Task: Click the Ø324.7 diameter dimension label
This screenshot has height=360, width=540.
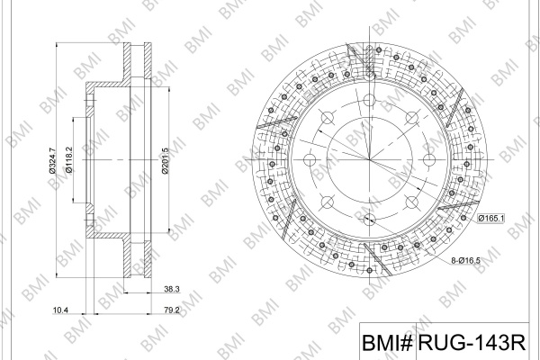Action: (x=51, y=160)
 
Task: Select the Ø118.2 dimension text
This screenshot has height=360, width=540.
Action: (x=68, y=160)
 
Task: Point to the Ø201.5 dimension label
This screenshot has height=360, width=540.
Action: (x=165, y=160)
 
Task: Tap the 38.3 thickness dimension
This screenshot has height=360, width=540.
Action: (x=172, y=289)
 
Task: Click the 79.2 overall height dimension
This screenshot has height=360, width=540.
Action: (x=172, y=310)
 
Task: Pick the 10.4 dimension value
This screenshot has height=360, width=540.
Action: (x=60, y=310)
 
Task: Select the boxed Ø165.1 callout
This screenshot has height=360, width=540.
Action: (x=491, y=218)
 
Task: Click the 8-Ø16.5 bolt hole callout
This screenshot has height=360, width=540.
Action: (x=465, y=260)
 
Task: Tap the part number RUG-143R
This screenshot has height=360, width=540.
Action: (x=472, y=342)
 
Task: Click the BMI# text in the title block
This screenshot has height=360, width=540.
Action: (x=387, y=342)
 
